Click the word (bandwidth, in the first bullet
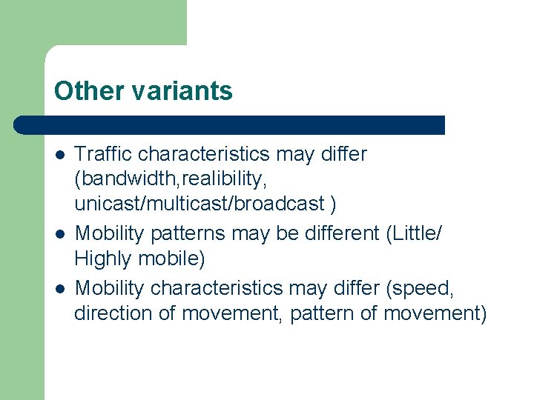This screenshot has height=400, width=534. click(131, 179)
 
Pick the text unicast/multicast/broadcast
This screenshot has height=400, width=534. click(200, 204)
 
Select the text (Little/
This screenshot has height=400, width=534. click(414, 233)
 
